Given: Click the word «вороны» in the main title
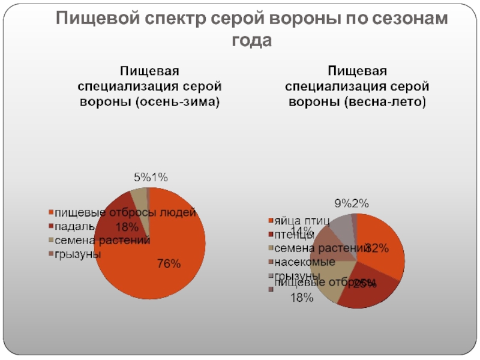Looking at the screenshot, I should [x=302, y=19].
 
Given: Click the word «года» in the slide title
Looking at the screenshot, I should [x=251, y=41].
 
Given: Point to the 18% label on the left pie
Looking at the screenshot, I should [x=127, y=227].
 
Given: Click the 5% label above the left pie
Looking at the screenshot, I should [x=142, y=177].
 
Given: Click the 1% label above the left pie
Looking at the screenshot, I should [x=159, y=177].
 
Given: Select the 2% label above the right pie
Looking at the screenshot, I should [x=360, y=203].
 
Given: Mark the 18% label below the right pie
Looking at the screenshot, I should [x=301, y=298].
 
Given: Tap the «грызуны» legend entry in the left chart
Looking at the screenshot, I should [x=77, y=254].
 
